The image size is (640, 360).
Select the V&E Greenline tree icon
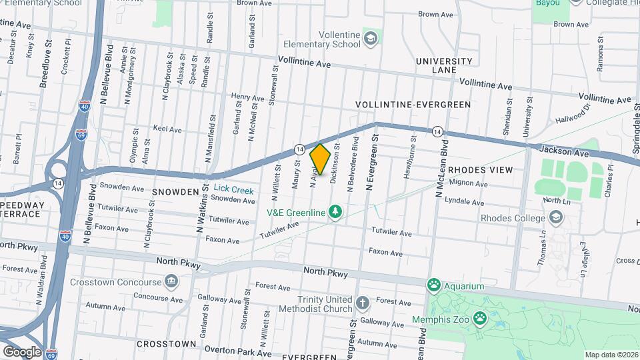[337, 213]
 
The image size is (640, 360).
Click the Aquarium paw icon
[435, 286]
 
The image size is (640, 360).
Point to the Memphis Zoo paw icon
[480, 318]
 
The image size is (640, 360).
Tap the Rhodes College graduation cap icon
[555, 217]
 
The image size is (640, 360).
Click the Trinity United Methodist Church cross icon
[362, 305]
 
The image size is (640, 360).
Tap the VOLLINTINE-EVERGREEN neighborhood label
[413, 105]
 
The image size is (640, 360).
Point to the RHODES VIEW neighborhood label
[480, 170]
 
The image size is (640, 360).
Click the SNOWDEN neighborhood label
[175, 192]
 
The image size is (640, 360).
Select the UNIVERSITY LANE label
[444, 65]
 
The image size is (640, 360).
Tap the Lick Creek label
[233, 190]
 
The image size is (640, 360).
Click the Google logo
[22, 351]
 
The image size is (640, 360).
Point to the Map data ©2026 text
[611, 355]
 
